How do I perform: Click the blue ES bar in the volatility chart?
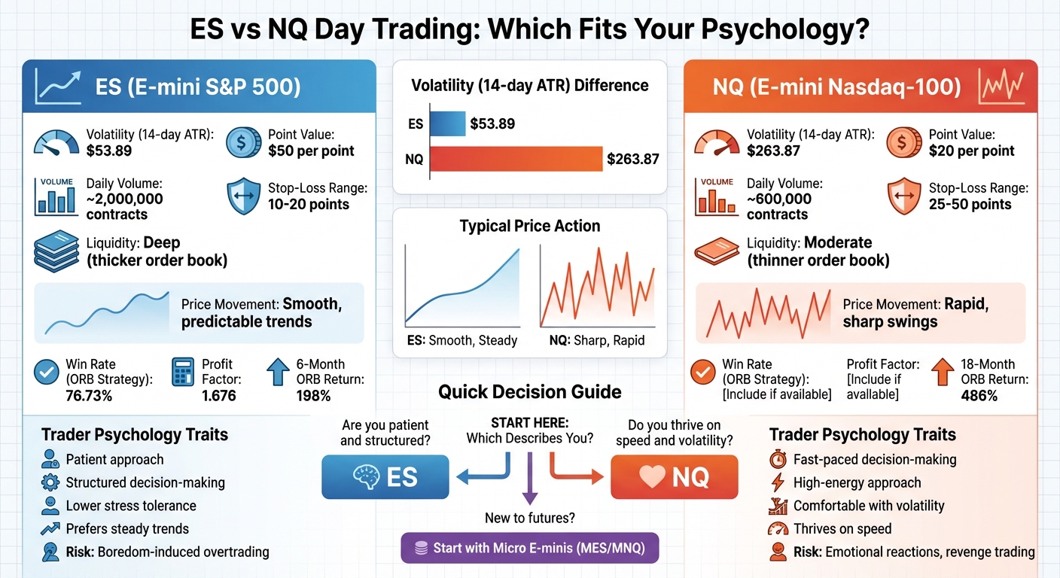tap(448, 123)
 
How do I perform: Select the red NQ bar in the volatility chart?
tap(516, 159)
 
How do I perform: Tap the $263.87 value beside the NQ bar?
tap(632, 159)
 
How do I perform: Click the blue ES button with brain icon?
tap(385, 477)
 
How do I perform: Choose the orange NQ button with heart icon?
tap(674, 477)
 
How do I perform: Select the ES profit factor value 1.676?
tap(218, 395)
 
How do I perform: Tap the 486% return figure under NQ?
tap(979, 395)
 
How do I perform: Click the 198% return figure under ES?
tap(313, 395)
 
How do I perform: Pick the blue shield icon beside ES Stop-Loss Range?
tap(242, 196)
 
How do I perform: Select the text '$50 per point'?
tap(311, 151)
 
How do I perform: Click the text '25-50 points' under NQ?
tap(971, 204)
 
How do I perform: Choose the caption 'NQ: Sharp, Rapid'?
tap(597, 340)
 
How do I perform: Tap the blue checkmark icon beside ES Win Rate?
tap(47, 372)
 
